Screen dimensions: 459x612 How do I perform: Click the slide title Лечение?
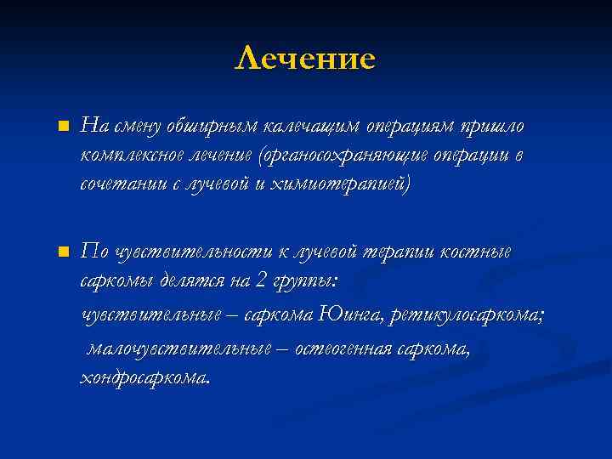(x=305, y=59)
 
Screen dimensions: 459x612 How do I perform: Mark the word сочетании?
(x=120, y=184)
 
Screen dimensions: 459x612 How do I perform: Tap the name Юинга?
(x=353, y=315)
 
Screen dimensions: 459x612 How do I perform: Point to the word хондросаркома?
(x=142, y=377)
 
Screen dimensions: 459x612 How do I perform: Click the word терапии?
(x=397, y=252)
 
